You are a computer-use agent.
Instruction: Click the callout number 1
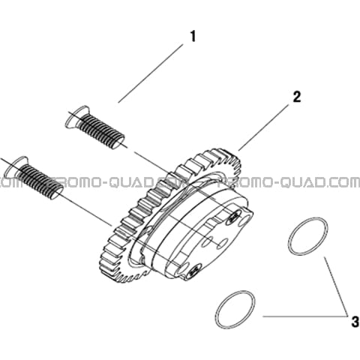193,37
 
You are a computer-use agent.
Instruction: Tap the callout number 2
296,97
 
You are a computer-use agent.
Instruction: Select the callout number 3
355,322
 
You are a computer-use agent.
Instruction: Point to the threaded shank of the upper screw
101,132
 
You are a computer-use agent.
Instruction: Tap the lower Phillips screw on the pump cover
193,270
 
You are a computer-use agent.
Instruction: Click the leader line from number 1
151,73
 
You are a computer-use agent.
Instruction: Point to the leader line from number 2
263,127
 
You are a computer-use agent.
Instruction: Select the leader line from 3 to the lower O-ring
305,316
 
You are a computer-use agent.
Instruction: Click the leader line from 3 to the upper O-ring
337,286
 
